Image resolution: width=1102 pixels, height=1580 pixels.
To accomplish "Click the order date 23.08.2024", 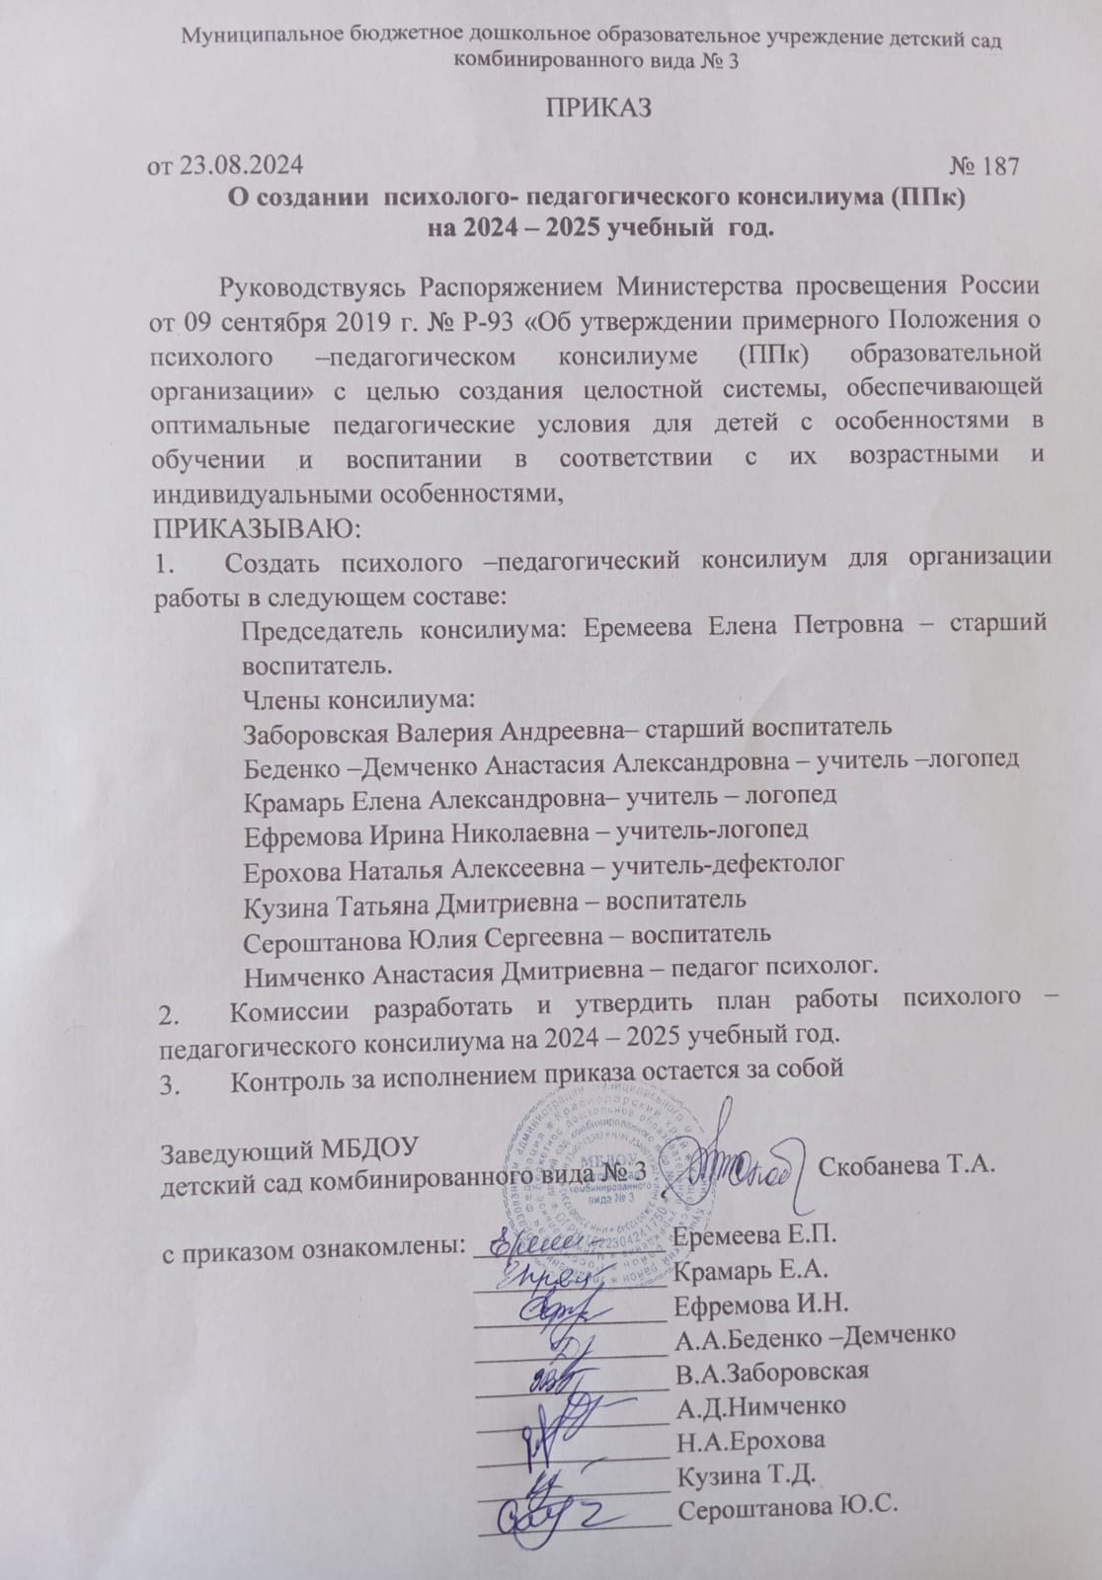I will click(241, 165).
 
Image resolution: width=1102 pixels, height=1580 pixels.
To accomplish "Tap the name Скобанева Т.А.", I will click(905, 1165).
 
